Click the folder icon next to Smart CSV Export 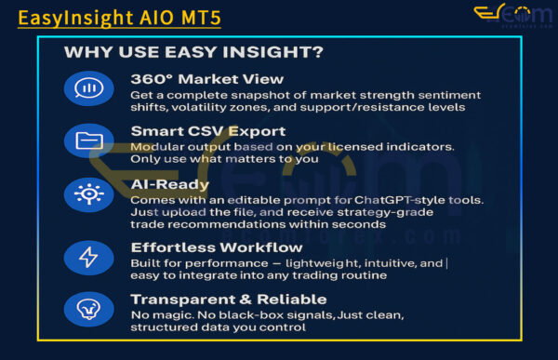[89, 140]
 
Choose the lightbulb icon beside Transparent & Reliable [89, 309]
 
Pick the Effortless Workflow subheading [216, 247]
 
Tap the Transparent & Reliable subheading [228, 299]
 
